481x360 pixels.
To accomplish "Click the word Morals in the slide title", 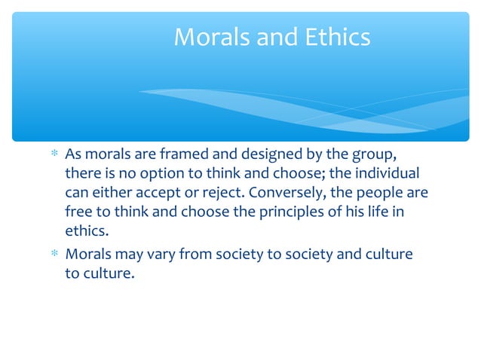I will click(208, 37).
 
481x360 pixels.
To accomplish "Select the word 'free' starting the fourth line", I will click(78, 212).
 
